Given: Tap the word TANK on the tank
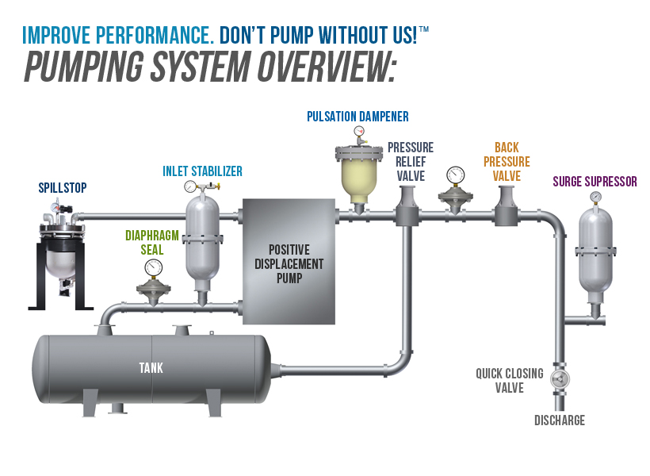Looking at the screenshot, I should click(x=151, y=367).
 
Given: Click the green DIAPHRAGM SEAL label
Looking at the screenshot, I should click(x=151, y=242).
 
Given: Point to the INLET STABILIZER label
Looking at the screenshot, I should click(x=202, y=171).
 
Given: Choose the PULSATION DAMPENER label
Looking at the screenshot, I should click(x=357, y=117).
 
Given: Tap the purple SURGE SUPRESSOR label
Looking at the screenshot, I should click(x=595, y=182).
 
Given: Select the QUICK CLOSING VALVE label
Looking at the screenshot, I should click(x=510, y=380).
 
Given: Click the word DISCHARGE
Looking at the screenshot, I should click(x=560, y=420).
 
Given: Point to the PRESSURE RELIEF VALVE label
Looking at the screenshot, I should click(x=410, y=161).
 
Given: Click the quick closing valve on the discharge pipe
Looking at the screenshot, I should click(x=560, y=378).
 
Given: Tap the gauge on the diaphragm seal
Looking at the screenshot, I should click(x=154, y=269).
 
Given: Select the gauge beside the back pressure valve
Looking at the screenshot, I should click(x=455, y=175).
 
